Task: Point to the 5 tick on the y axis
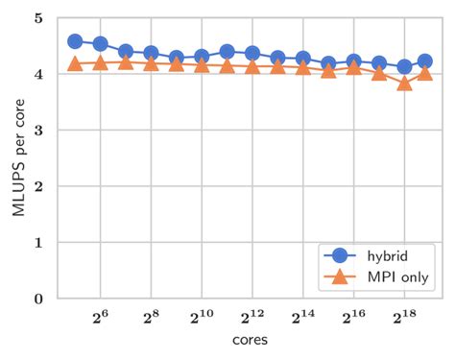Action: pyautogui.click(x=36, y=18)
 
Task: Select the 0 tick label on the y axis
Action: pyautogui.click(x=36, y=299)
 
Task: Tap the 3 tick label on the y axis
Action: pyautogui.click(x=36, y=131)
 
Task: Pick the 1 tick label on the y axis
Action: pyautogui.click(x=36, y=243)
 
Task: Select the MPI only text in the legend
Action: pyautogui.click(x=396, y=277)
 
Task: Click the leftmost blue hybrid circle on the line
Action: pyautogui.click(x=75, y=41)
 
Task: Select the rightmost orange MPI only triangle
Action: pyautogui.click(x=424, y=73)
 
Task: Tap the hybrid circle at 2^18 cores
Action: pyautogui.click(x=404, y=67)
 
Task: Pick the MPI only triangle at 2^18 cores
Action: pyautogui.click(x=404, y=83)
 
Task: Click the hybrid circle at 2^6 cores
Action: pyautogui.click(x=100, y=44)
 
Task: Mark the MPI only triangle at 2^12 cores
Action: pyautogui.click(x=251, y=65)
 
